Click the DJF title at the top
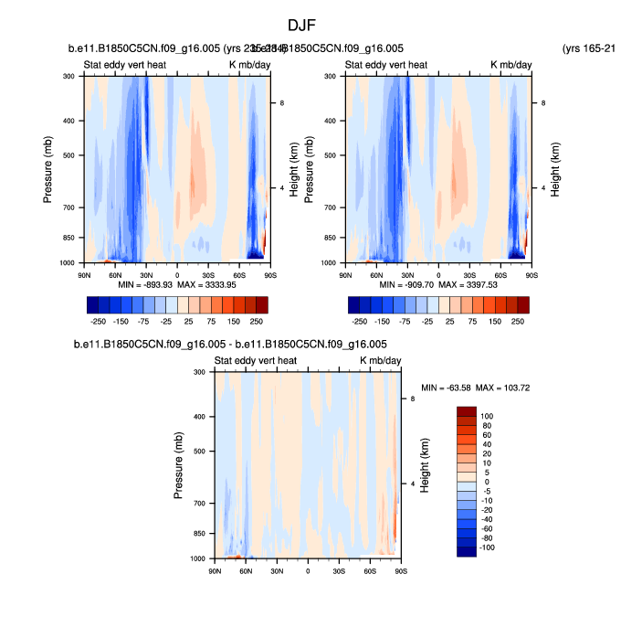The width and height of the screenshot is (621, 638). tap(301, 26)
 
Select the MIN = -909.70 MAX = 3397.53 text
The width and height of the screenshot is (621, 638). tap(440, 284)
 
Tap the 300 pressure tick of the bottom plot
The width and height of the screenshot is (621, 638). tap(199, 372)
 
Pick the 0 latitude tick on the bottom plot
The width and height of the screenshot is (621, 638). tap(308, 570)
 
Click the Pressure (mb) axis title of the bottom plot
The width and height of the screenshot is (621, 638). tap(179, 466)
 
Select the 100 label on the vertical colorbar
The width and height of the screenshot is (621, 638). tap(486, 416)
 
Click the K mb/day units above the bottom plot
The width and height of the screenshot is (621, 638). tap(380, 361)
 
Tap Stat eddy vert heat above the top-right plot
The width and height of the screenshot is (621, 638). tap(385, 65)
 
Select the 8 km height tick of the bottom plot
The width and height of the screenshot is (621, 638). tap(413, 399)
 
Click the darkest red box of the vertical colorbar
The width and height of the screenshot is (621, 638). tap(466, 411)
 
